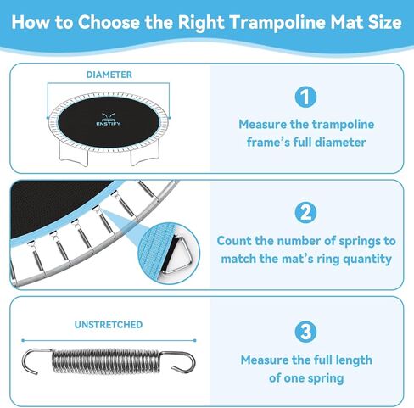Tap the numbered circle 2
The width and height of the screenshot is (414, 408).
[306, 211]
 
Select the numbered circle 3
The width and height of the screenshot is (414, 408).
[306, 331]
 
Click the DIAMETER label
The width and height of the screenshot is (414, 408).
[109, 75]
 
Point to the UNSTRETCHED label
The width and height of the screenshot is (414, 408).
[109, 324]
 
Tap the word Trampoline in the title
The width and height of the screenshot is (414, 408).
[251, 22]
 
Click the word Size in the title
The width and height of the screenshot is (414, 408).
[383, 22]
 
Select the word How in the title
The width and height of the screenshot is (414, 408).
[31, 22]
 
